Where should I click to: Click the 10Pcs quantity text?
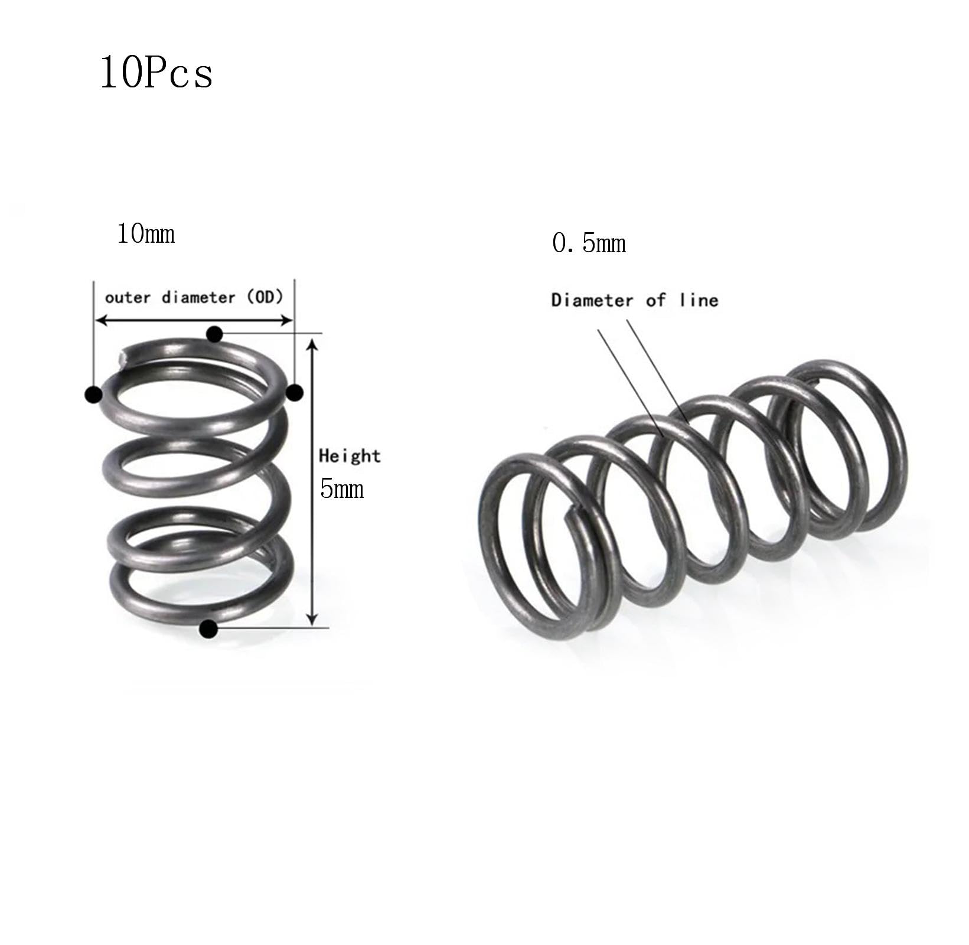pos(156,73)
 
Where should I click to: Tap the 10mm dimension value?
pos(146,234)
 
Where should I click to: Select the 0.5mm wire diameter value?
pos(589,243)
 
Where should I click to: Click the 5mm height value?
pos(341,489)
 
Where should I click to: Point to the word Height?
pos(350,456)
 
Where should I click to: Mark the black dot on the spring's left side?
pos(93,395)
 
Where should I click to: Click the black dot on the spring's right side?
pos(294,392)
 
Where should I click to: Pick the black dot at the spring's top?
pos(214,335)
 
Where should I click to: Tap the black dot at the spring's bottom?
pos(208,629)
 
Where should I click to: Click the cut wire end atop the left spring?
pos(122,358)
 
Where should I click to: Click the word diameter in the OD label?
pos(198,297)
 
